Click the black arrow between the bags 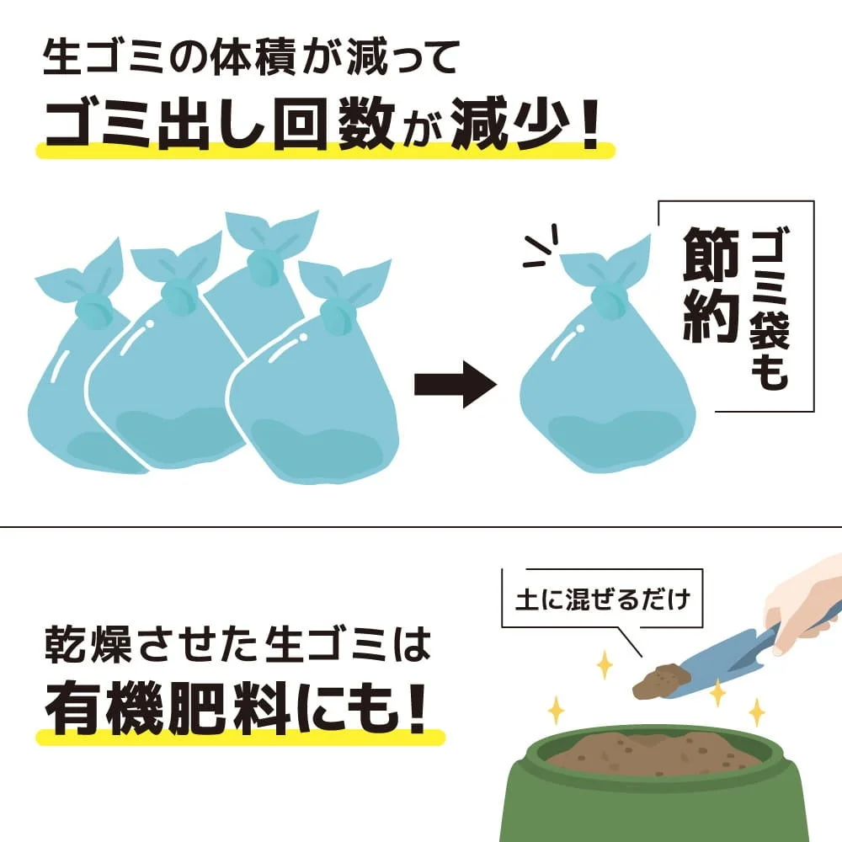pos(455,386)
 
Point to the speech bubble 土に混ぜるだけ pos(601,600)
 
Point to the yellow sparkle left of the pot pos(556,710)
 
